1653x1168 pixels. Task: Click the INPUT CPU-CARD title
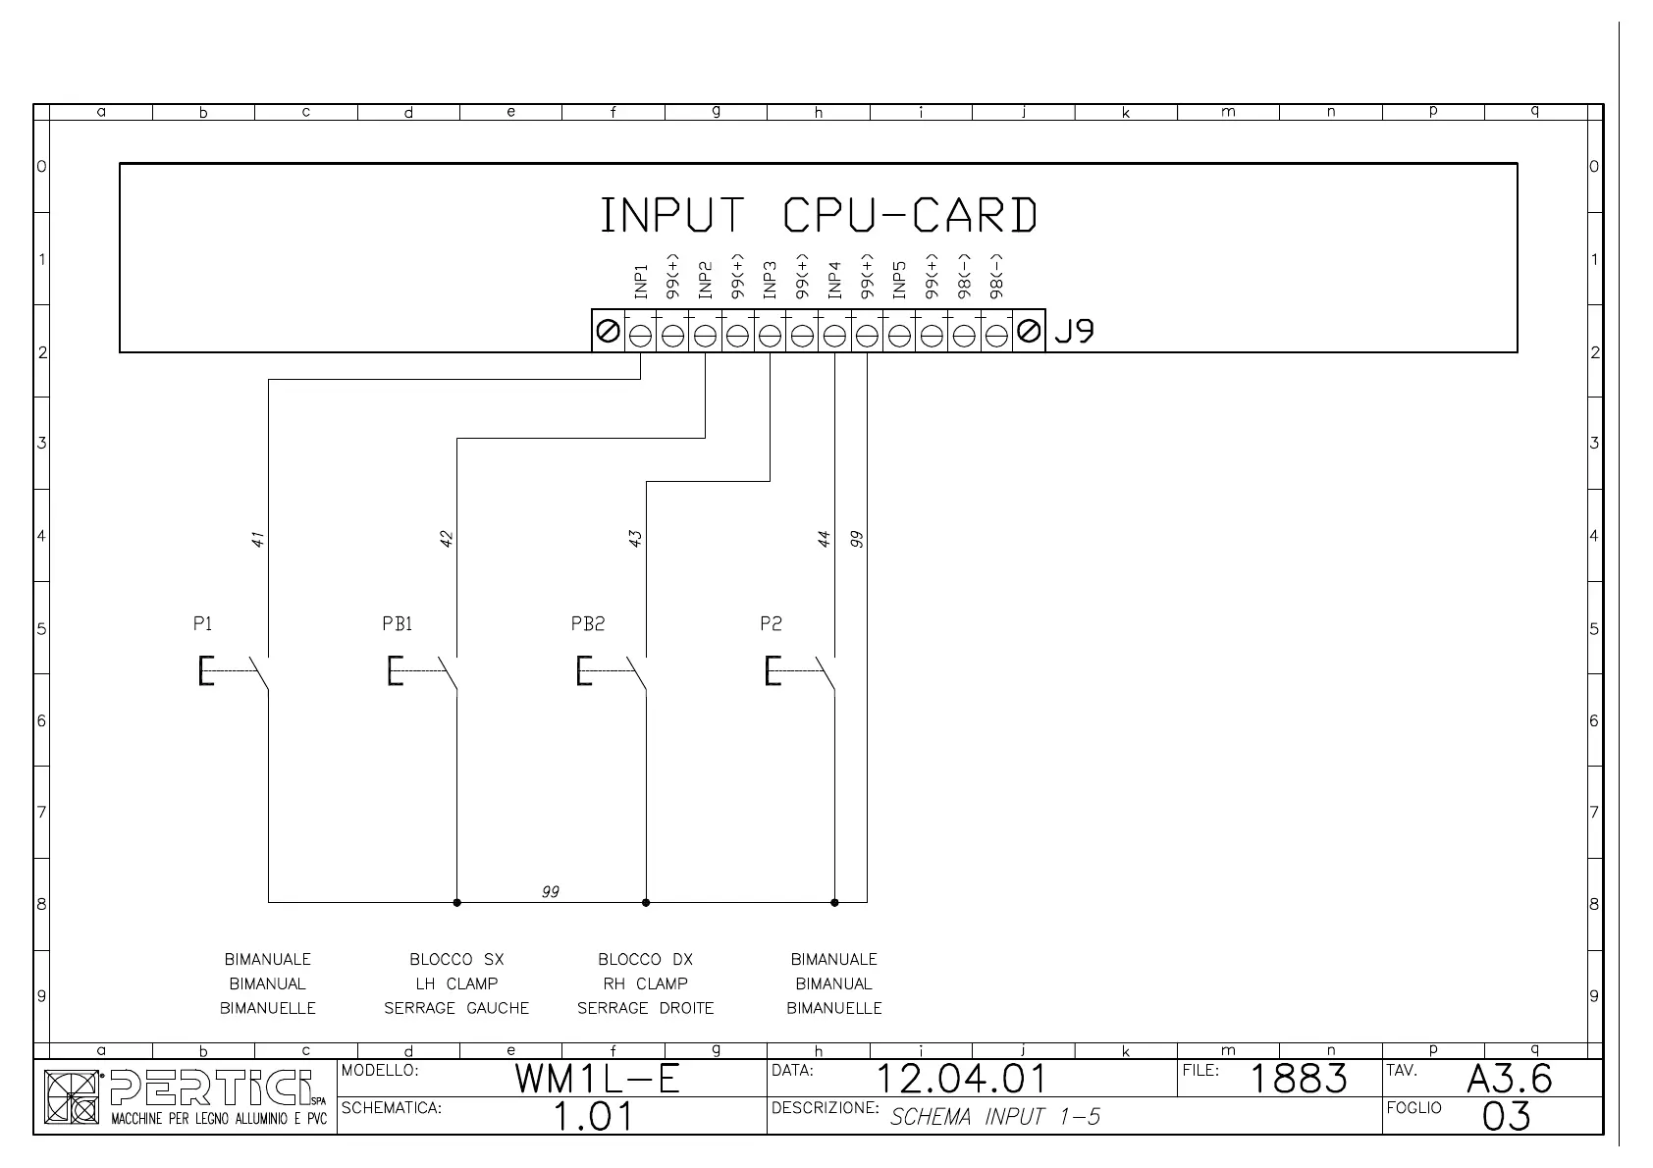[818, 216]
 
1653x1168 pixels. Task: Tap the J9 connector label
[1074, 332]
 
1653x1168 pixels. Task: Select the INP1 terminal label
[641, 281]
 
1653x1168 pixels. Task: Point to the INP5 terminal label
[899, 281]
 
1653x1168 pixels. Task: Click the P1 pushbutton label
[202, 624]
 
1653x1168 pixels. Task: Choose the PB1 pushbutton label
[397, 624]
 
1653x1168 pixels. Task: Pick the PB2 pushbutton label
[587, 624]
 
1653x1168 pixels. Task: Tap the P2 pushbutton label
[771, 624]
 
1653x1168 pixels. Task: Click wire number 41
[258, 539]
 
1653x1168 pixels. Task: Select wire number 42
[447, 539]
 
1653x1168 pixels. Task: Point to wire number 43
[635, 539]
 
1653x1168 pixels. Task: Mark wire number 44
[825, 539]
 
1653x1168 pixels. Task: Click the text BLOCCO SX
[456, 959]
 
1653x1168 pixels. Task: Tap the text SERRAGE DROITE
[645, 1008]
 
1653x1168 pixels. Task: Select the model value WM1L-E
[598, 1080]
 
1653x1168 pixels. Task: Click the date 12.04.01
[960, 1080]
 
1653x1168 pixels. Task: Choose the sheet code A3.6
[1509, 1080]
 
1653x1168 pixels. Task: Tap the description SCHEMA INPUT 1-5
[994, 1116]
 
